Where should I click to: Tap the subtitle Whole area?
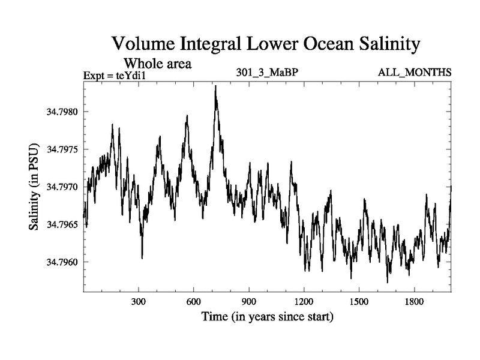pyautogui.click(x=157, y=63)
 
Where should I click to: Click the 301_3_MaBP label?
pyautogui.click(x=268, y=73)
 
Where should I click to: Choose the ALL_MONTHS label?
pyautogui.click(x=415, y=73)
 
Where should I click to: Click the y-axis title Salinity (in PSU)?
pyautogui.click(x=35, y=187)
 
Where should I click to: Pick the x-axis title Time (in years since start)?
pyautogui.click(x=267, y=316)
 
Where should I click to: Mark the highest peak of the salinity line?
pyautogui.click(x=215, y=86)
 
